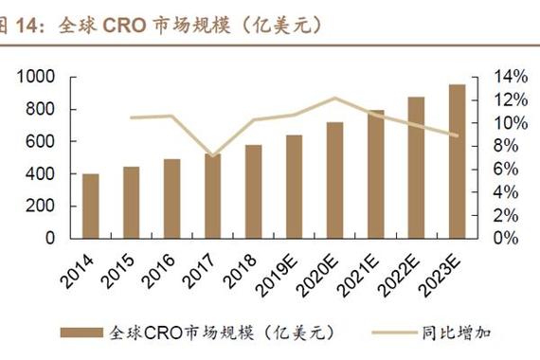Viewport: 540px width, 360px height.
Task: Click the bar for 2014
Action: point(91,206)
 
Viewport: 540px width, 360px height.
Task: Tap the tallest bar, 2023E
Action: point(457,161)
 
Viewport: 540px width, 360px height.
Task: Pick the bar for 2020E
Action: point(334,180)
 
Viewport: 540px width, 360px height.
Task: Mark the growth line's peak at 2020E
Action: point(334,98)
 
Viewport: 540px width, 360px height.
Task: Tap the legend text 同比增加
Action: point(455,332)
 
